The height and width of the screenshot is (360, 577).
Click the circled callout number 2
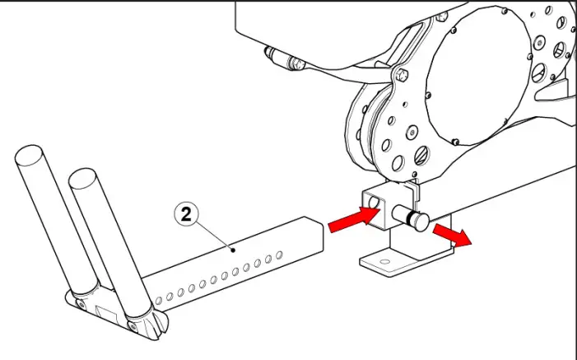click(187, 215)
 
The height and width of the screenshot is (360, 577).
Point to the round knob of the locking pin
click(417, 221)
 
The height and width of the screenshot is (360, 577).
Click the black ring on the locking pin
click(405, 217)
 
